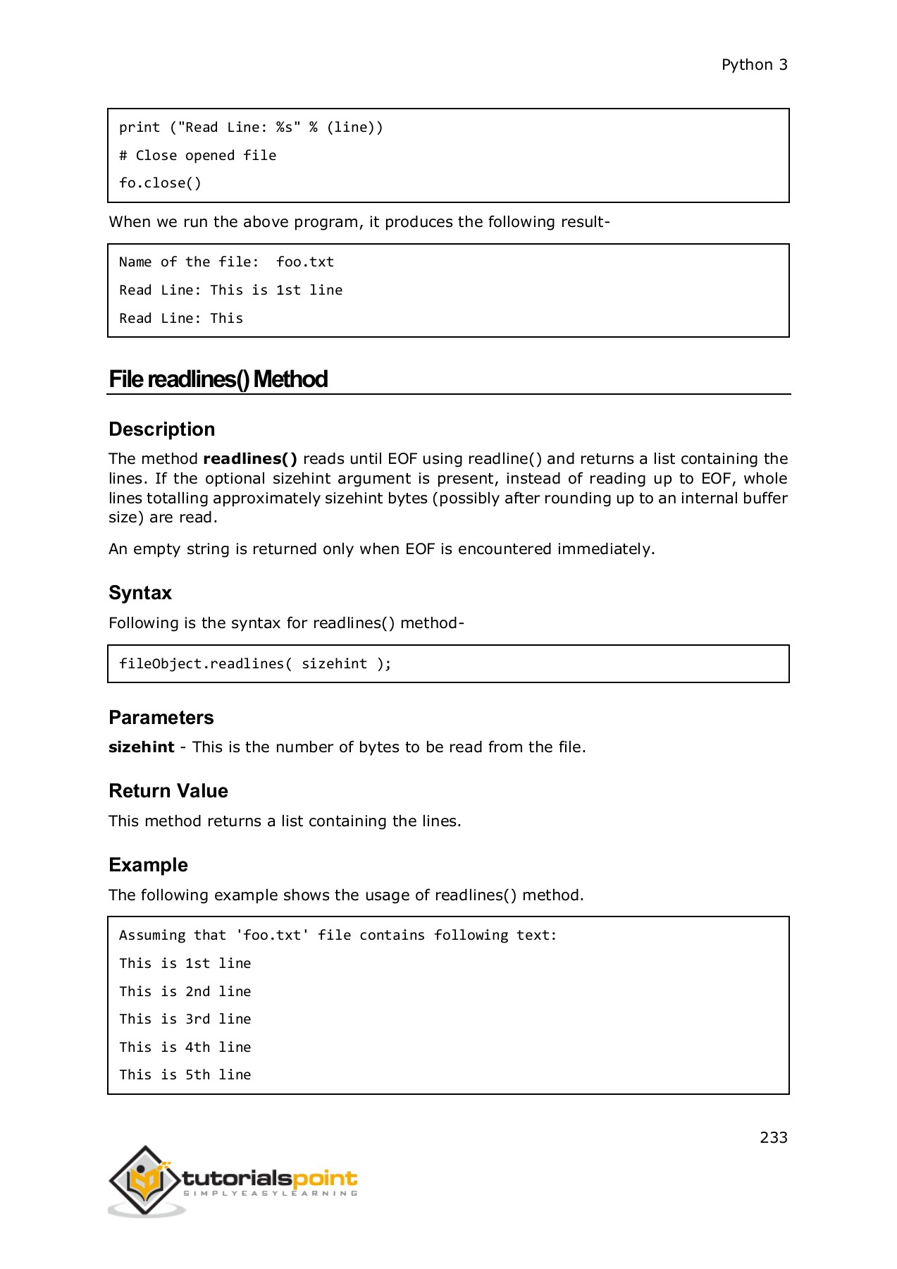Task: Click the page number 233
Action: [x=773, y=1137]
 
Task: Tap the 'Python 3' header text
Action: [x=754, y=65]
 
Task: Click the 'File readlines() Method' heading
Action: [x=218, y=379]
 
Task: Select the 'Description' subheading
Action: [x=161, y=429]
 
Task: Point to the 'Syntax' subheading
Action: [x=140, y=593]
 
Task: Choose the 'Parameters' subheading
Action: [x=161, y=718]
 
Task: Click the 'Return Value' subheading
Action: [x=168, y=791]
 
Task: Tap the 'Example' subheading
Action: [x=148, y=865]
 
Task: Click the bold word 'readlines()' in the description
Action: [x=250, y=459]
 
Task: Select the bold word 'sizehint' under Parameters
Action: [x=141, y=747]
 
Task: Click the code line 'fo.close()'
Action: [x=160, y=183]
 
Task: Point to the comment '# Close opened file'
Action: [x=197, y=156]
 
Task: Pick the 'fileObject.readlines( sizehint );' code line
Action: [x=255, y=664]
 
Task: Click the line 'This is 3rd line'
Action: [x=185, y=1019]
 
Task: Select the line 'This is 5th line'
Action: [x=185, y=1075]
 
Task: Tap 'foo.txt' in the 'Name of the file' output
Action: [x=304, y=262]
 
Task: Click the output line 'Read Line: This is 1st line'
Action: [x=230, y=290]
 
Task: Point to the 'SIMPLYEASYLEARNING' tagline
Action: [x=271, y=1194]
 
